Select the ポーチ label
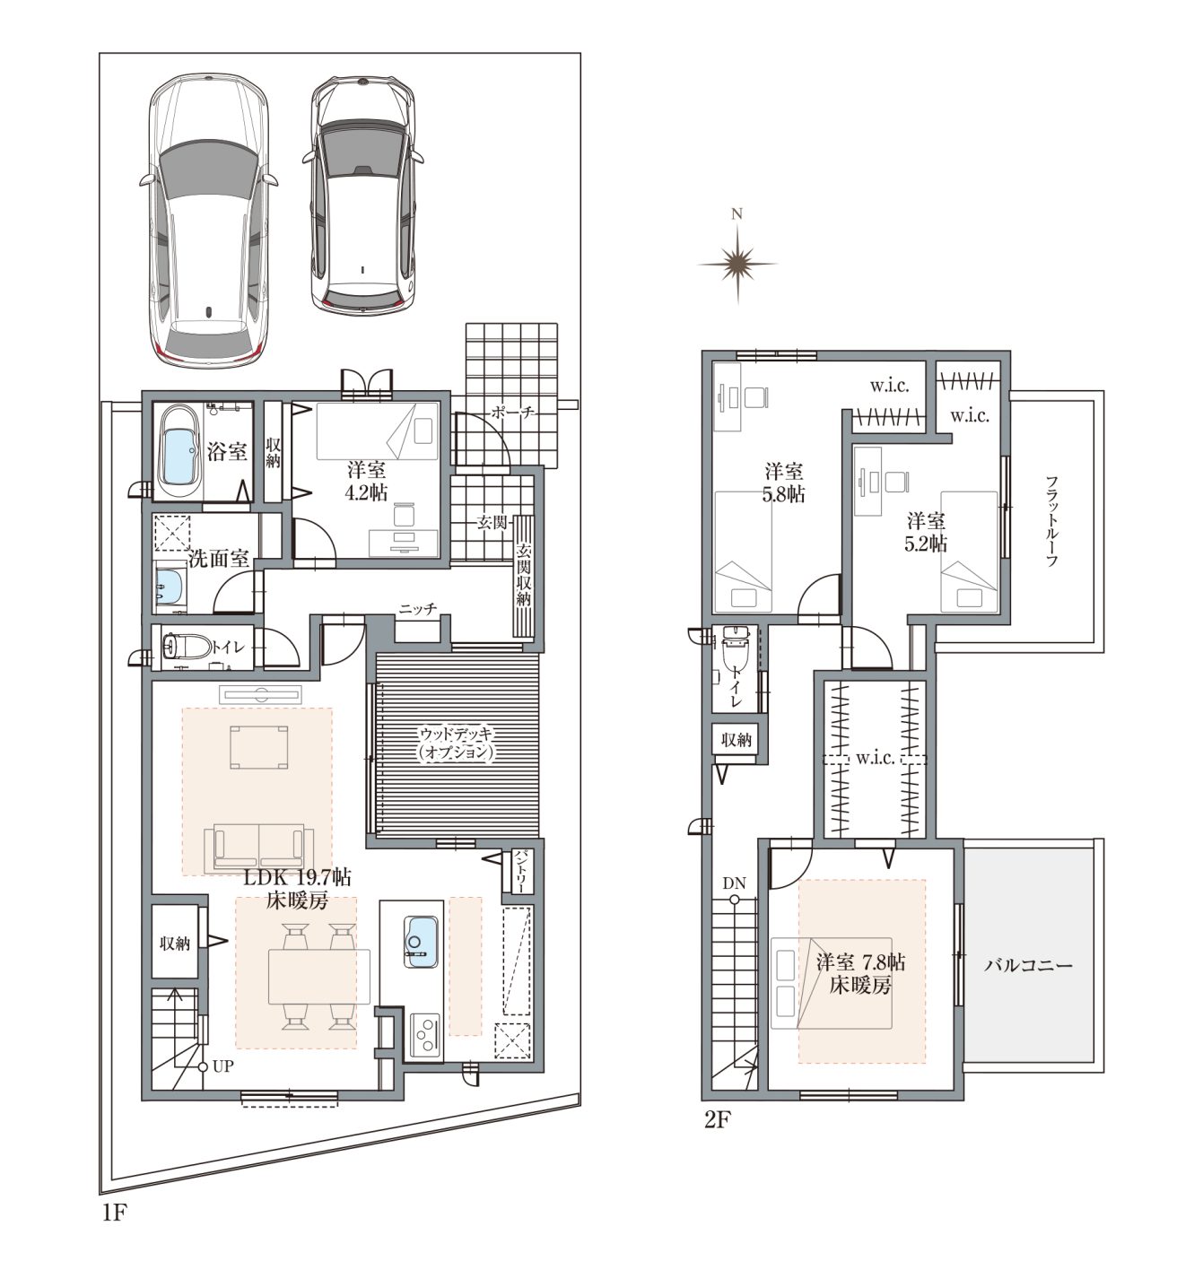point(512,413)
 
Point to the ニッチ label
point(417,608)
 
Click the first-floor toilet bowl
point(187,646)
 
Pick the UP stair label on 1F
point(222,1066)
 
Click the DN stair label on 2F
point(735,883)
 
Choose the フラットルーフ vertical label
point(1051,520)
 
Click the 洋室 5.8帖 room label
point(784,483)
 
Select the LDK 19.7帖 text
point(298,877)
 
